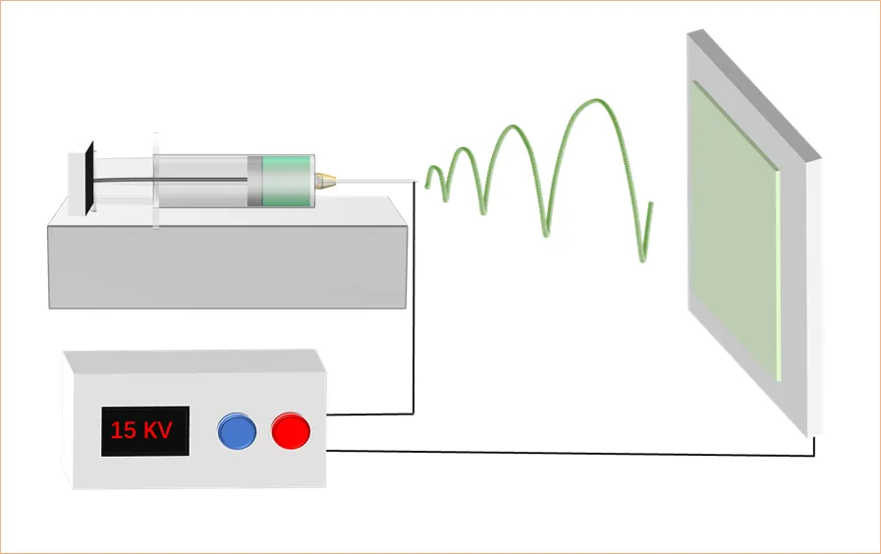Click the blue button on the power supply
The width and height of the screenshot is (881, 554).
click(x=236, y=430)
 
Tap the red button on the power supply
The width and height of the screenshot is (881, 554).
click(x=291, y=430)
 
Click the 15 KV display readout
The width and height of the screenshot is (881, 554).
click(x=143, y=430)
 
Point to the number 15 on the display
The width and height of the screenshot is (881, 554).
click(x=124, y=430)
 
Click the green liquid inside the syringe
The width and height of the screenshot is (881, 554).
click(x=289, y=181)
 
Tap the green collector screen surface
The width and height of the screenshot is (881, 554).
click(x=732, y=236)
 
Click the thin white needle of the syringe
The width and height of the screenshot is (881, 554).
click(x=373, y=181)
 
